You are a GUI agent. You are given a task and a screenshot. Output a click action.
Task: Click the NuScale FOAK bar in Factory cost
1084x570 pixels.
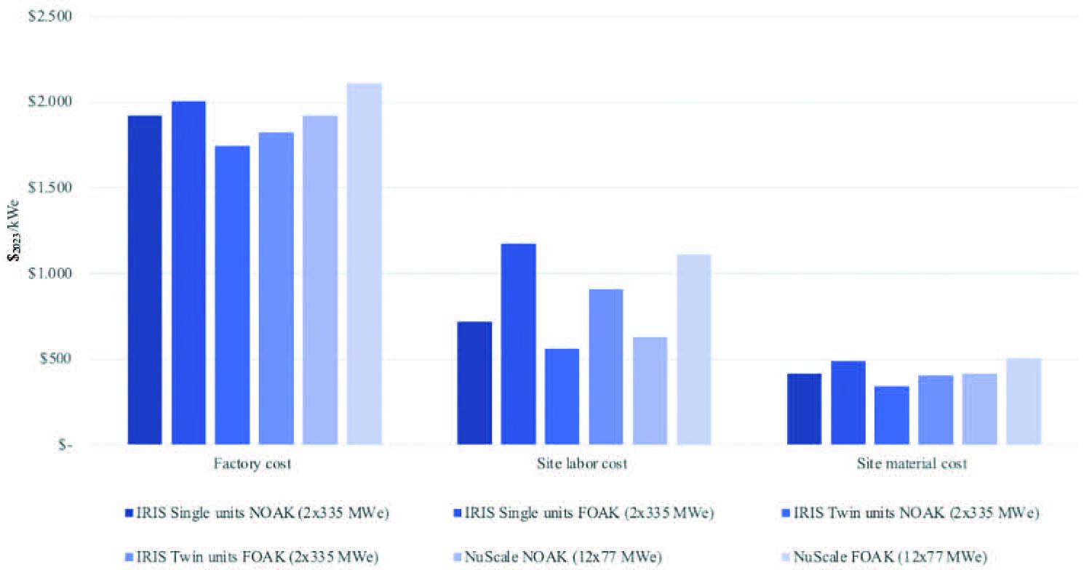point(364,263)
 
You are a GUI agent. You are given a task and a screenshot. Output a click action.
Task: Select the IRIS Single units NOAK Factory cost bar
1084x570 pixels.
point(145,279)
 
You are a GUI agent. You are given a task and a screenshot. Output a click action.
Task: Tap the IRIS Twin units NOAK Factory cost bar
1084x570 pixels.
point(232,294)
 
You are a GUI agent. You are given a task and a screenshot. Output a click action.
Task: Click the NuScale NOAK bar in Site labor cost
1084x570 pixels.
point(650,390)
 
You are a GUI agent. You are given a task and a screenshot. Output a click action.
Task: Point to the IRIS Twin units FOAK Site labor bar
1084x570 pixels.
point(606,366)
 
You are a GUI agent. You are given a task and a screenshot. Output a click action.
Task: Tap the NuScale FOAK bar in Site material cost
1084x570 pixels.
point(1024,401)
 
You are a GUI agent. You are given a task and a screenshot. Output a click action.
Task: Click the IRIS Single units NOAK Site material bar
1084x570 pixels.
point(804,409)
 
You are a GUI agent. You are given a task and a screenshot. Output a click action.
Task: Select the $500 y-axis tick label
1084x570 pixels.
point(52,359)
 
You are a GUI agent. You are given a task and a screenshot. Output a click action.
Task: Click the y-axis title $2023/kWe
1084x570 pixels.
point(19,229)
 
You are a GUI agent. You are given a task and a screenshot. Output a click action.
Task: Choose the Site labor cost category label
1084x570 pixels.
point(583,464)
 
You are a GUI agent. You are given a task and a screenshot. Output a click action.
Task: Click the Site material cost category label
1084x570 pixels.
point(914,464)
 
